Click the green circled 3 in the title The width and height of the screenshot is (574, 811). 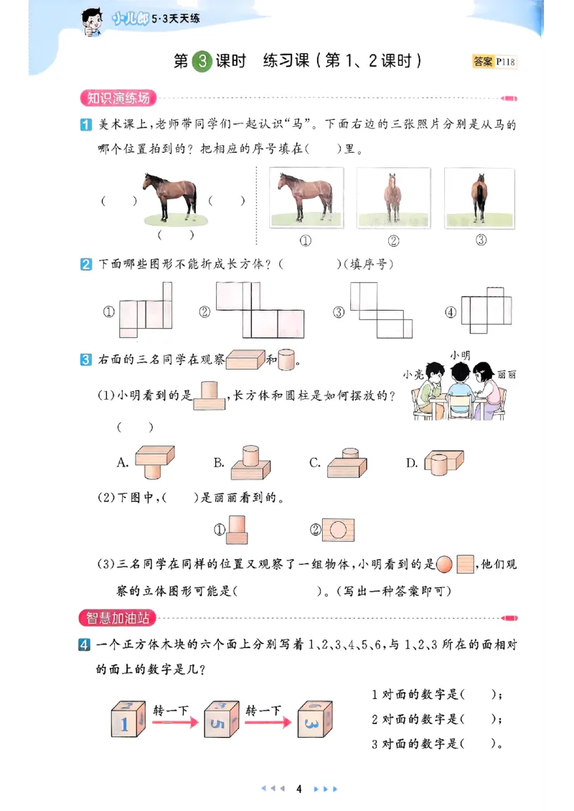click(x=203, y=61)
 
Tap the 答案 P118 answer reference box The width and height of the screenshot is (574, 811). click(x=494, y=62)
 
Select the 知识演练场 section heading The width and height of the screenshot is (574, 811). click(x=118, y=98)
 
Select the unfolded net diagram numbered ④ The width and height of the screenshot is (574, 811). click(x=486, y=310)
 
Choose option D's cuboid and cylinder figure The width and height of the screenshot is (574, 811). click(x=440, y=462)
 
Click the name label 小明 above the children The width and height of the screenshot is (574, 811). click(x=459, y=355)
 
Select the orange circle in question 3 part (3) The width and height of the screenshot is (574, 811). click(x=444, y=565)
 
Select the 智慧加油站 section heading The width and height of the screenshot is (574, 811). click(x=118, y=618)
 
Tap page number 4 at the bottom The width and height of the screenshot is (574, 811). click(x=298, y=789)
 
